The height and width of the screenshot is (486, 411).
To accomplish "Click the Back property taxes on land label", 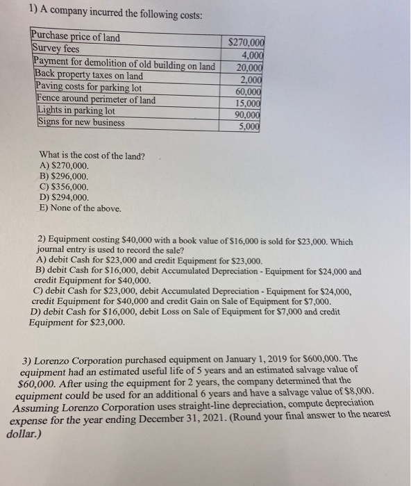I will (x=89, y=75).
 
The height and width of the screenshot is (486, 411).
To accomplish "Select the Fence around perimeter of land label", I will (x=95, y=99).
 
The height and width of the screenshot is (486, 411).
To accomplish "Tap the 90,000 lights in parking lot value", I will (x=248, y=115).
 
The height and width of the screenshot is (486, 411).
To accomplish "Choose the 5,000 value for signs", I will (x=250, y=126).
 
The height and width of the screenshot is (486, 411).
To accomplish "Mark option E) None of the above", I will (x=81, y=207).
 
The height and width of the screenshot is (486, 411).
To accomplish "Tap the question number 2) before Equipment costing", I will (x=42, y=241).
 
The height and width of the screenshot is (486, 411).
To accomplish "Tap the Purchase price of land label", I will (x=76, y=37).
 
